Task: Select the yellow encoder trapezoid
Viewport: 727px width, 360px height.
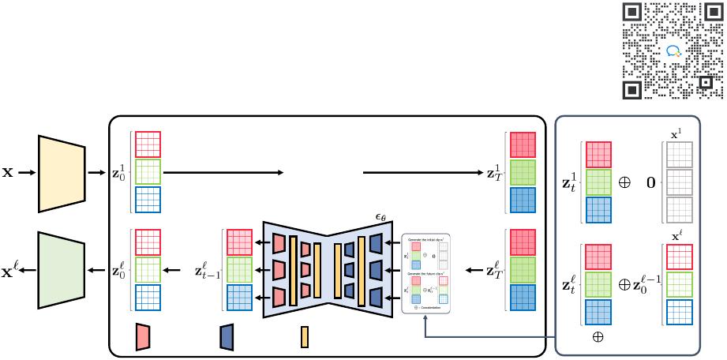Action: click(61, 172)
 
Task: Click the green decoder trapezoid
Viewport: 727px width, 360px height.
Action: click(61, 270)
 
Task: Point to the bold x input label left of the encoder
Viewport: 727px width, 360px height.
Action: click(7, 171)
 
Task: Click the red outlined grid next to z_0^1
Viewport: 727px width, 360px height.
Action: click(148, 144)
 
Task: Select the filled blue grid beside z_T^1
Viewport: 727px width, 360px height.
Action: click(523, 201)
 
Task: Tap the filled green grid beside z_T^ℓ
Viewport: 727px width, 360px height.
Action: click(523, 270)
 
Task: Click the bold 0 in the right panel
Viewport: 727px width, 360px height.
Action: click(651, 182)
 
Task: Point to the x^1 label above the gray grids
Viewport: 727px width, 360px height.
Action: click(676, 135)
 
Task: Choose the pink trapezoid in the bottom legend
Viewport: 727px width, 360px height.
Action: click(143, 336)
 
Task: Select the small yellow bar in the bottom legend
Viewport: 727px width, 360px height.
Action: click(305, 336)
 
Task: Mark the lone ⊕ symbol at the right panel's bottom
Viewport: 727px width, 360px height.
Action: click(598, 336)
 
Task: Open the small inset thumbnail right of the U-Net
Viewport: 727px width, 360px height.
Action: click(426, 271)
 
